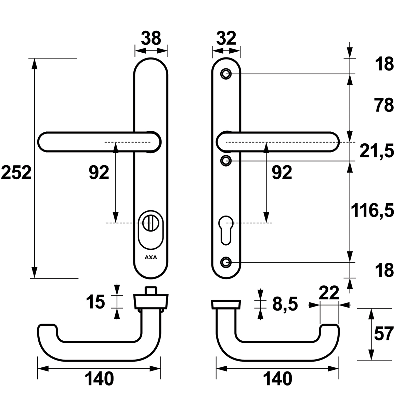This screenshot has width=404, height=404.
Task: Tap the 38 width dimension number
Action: point(151,38)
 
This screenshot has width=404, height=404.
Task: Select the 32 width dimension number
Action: point(226,38)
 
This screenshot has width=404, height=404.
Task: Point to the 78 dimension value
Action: point(384,105)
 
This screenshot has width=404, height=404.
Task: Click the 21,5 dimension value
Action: point(377,151)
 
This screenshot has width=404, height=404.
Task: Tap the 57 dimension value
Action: point(384,334)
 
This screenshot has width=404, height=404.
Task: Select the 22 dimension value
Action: point(329,293)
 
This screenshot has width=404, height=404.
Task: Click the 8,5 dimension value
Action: point(285,304)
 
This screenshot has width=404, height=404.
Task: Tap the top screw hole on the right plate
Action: point(225,74)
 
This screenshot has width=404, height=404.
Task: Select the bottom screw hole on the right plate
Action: point(225,262)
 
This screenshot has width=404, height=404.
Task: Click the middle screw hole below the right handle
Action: point(225,160)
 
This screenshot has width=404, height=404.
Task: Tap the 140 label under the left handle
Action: point(99,379)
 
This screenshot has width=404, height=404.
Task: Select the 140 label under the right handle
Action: point(277,379)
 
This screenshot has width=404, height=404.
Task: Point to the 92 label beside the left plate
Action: point(99,172)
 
